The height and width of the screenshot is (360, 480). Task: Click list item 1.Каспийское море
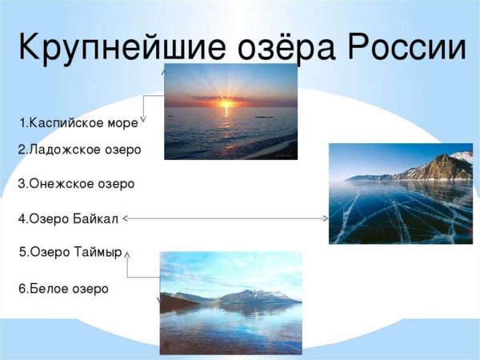point(79,123)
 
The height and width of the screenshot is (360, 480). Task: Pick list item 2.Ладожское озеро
point(79,150)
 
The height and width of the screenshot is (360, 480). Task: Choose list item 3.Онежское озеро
point(77,184)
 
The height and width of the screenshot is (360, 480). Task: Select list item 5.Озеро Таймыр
point(70,252)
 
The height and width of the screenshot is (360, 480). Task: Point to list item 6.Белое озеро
point(63,288)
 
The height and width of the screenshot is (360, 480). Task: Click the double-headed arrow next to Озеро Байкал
point(226,218)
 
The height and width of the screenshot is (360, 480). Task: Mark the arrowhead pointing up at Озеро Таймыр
point(127,253)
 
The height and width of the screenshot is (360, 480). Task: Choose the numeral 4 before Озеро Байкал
point(22,218)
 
